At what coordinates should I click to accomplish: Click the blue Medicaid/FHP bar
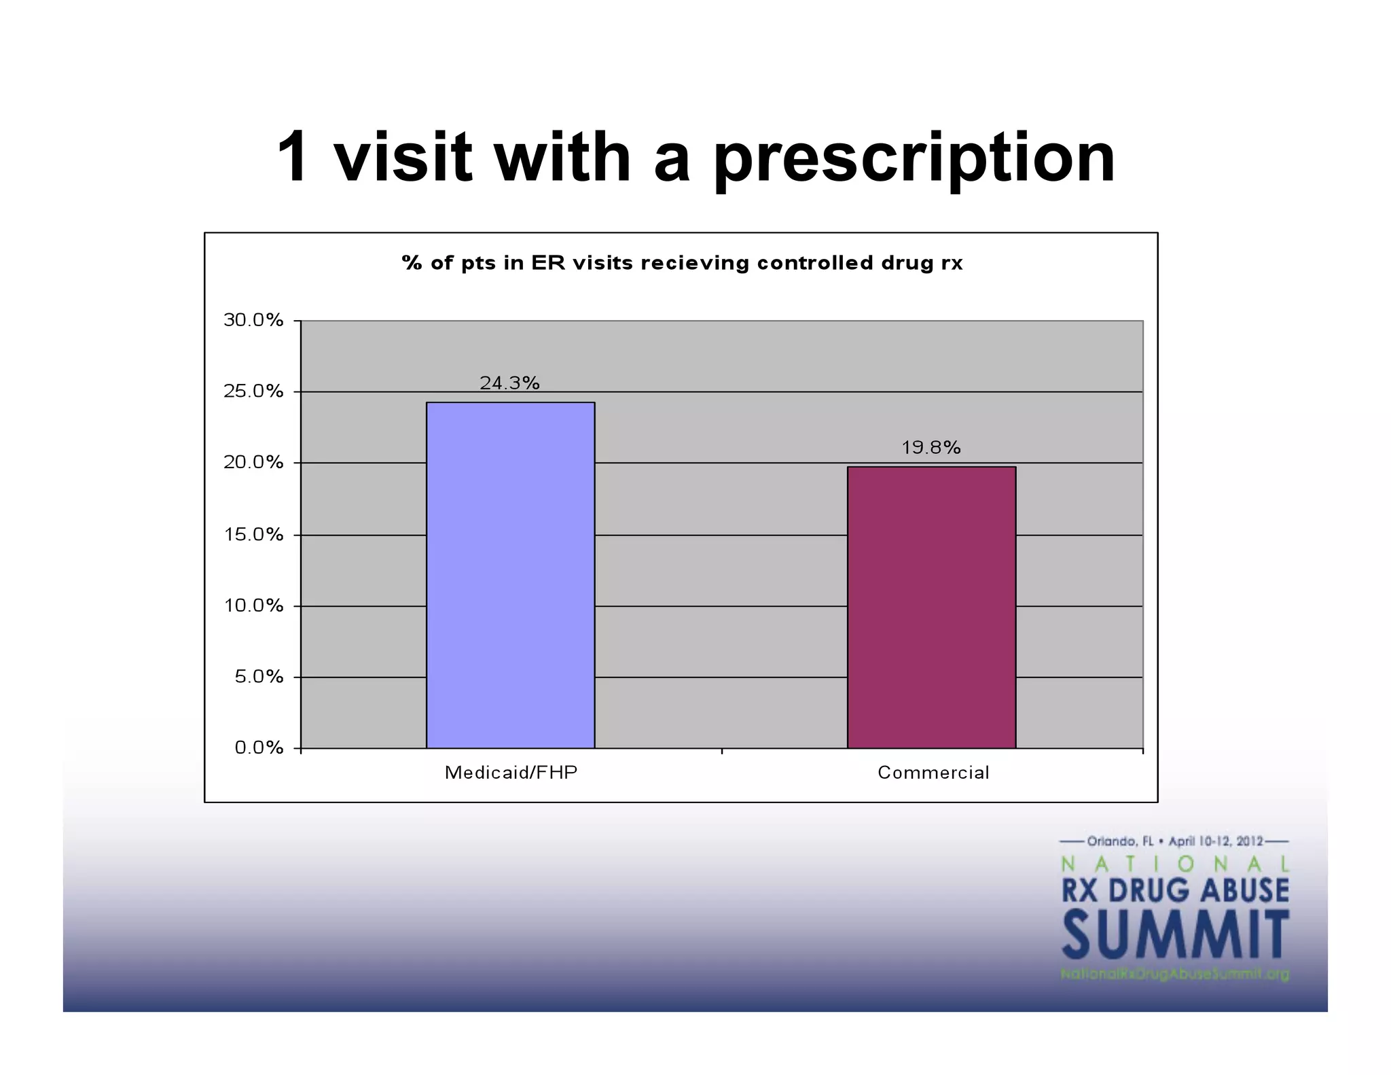(510, 575)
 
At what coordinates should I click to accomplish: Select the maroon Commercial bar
(931, 607)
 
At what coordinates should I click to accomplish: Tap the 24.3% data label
(509, 383)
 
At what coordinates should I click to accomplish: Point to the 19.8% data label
(931, 448)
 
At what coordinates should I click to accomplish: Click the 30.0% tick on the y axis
(253, 320)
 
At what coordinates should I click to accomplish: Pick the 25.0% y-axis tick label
(253, 391)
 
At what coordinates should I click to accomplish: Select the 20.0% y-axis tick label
(253, 463)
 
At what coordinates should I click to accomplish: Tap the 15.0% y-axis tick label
(253, 535)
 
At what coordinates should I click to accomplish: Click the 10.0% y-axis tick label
(253, 605)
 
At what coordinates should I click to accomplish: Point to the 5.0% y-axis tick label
(258, 677)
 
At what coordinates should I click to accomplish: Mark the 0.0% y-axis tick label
(259, 748)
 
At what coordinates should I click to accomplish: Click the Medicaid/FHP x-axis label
(511, 773)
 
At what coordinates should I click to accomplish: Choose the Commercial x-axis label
(933, 773)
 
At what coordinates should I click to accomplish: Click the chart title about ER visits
(682, 263)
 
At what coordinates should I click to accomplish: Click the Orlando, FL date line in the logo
(1174, 841)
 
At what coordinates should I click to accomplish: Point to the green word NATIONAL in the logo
(1174, 864)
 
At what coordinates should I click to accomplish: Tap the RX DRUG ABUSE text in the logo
(1175, 890)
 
